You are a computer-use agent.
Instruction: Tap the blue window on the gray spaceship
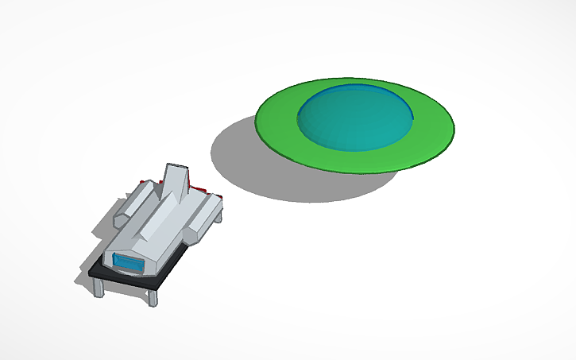[x=126, y=261]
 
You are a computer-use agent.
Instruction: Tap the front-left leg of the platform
[x=99, y=286]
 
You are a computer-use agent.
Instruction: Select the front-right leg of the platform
[x=152, y=297]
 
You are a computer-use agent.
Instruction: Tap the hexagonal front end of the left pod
[x=122, y=215]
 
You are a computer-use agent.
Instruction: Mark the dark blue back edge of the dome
[x=373, y=87]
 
